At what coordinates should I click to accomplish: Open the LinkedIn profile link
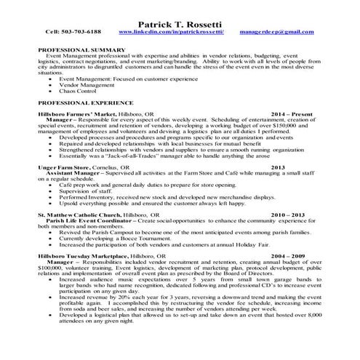point(171,32)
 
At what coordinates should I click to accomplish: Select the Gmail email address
point(283,33)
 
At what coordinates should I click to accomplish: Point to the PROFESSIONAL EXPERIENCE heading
point(87,104)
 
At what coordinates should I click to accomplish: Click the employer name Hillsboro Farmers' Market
point(81,115)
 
